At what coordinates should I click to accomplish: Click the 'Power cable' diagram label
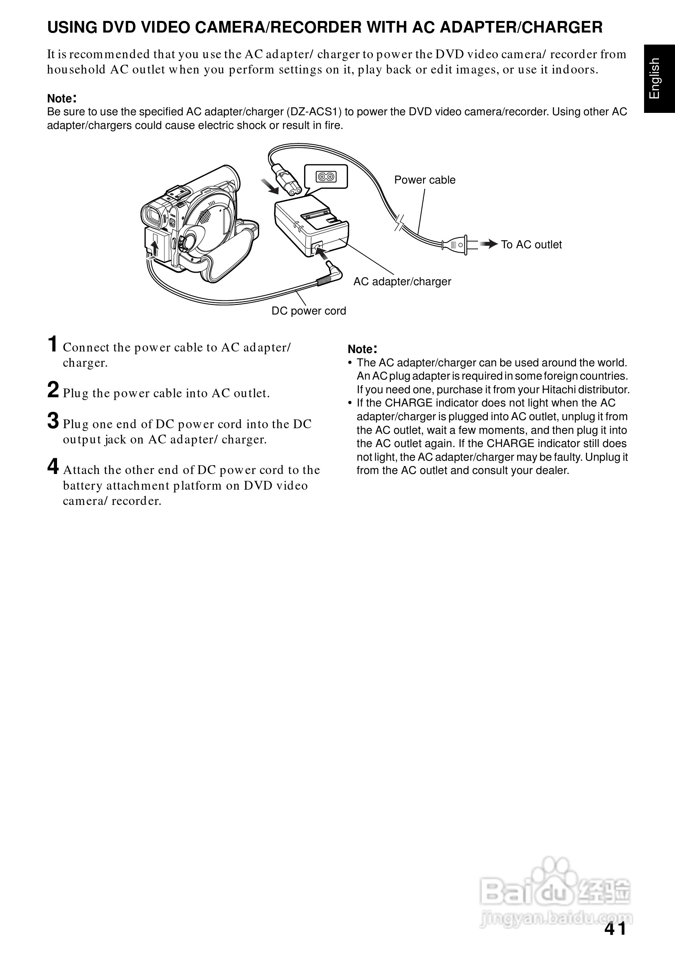424,180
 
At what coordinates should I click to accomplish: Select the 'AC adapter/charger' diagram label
402,282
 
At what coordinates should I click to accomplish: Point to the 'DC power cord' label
309,310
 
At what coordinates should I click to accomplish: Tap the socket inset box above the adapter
326,177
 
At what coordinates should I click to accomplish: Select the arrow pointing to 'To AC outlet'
489,244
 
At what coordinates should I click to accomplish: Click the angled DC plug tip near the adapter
333,268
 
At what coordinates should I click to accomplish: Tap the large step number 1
53,344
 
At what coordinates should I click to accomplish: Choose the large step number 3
53,421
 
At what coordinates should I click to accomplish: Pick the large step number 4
53,466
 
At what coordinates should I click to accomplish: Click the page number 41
615,929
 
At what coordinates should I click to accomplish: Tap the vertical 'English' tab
655,78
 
